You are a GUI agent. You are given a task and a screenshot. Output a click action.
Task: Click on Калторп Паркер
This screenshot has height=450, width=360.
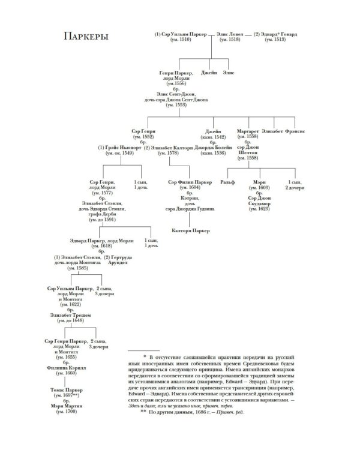190,229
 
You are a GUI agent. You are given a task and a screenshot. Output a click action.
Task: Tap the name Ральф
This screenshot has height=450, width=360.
227,180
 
